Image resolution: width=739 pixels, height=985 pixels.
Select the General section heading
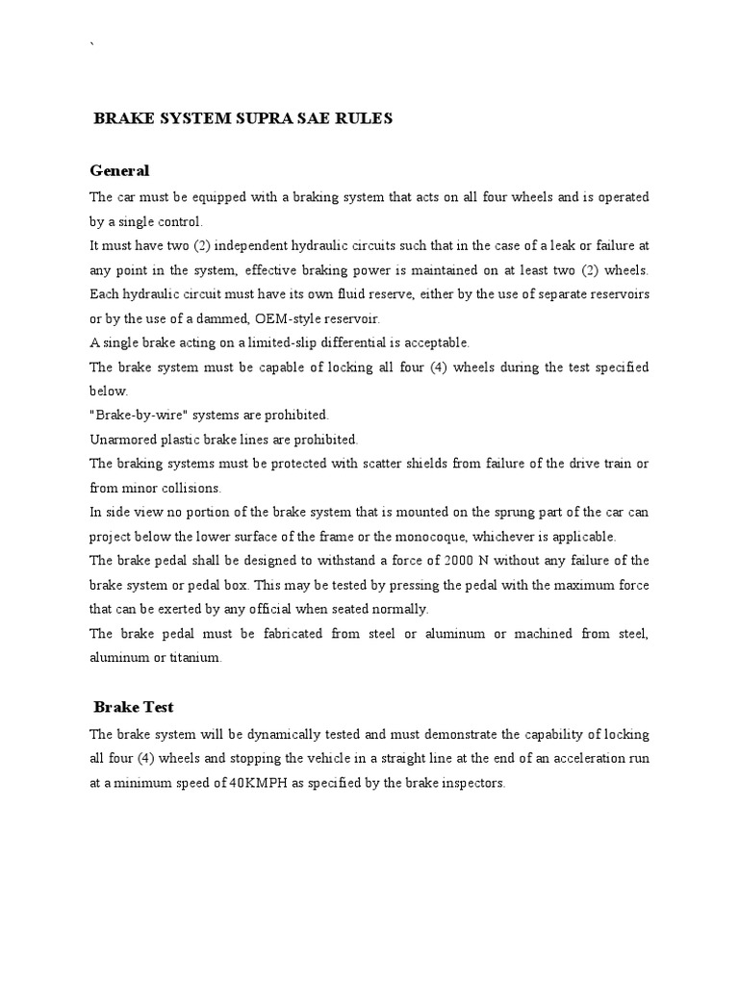click(119, 171)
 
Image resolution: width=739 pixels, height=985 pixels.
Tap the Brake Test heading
click(134, 707)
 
